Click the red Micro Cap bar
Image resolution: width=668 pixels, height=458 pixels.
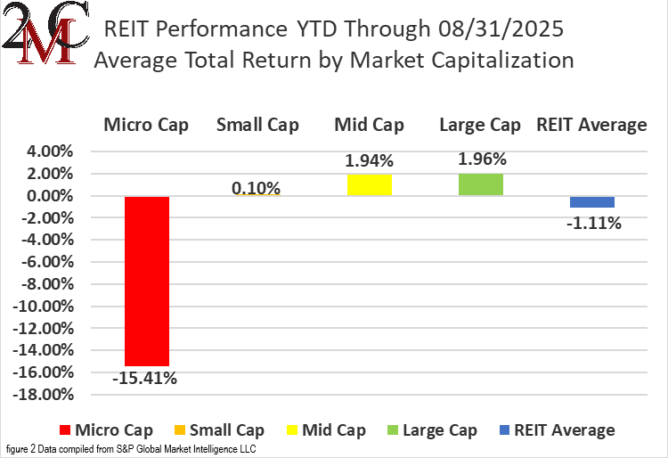coord(147,282)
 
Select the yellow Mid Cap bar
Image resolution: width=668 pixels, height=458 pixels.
coord(370,185)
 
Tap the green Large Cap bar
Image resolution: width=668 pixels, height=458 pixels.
coord(481,184)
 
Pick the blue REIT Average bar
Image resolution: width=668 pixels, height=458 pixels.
coord(592,202)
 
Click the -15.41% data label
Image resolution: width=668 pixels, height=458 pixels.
coord(144,378)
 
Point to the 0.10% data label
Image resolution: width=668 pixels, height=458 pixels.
coord(256,188)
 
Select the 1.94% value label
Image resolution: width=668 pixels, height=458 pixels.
coord(369,160)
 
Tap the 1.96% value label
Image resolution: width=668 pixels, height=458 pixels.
coord(482,159)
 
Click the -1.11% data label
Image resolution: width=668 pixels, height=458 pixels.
coord(594,223)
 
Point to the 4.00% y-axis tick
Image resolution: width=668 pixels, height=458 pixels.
coord(50,151)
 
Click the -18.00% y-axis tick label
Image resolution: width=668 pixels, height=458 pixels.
coord(43,395)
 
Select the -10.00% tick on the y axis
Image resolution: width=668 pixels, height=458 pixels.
coord(43,307)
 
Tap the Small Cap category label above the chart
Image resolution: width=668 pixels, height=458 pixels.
coord(257,125)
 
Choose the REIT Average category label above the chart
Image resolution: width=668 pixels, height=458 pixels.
coord(591,125)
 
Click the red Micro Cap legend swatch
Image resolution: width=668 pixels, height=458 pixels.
coord(65,430)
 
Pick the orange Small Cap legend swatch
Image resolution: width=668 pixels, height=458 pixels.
coord(180,430)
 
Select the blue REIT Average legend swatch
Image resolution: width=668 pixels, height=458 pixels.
coord(504,430)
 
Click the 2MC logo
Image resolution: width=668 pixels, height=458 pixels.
coord(45,33)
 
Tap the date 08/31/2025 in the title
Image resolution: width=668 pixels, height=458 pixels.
coord(501,29)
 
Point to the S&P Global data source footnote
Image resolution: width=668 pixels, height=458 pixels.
coord(131,449)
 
